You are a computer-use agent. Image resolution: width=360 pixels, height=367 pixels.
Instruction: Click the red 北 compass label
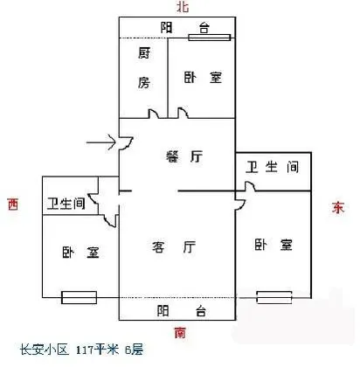coord(183,6)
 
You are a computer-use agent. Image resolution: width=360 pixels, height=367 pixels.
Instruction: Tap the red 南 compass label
coord(180,333)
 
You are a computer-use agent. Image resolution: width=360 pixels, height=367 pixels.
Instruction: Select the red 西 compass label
coord(13,204)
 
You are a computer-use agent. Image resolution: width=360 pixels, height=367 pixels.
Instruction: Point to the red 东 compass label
coord(338,207)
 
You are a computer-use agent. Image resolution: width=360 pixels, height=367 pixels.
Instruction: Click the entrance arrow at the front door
coord(101,142)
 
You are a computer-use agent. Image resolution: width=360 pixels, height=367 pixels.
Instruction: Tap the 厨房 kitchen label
coord(144,68)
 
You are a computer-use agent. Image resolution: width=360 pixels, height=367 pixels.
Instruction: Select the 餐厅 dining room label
coord(184,156)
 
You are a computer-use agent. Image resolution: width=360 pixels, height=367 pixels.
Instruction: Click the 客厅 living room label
coord(174,247)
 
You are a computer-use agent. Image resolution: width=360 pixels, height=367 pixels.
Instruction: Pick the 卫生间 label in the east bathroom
coord(273,167)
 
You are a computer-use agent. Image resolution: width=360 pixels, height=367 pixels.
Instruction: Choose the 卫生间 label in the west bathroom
coord(66,204)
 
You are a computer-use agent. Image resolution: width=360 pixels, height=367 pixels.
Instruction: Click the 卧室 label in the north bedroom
coord(203,78)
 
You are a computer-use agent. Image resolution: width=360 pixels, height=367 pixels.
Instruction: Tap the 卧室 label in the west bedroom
coord(80,253)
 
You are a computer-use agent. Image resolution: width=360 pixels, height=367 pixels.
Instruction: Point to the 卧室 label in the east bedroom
coord(273,245)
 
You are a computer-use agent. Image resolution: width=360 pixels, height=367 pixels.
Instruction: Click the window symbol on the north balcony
coord(210,38)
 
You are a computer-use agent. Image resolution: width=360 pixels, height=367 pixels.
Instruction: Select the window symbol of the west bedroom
coord(79,297)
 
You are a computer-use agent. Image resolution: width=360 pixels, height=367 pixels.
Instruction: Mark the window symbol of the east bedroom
coord(274,297)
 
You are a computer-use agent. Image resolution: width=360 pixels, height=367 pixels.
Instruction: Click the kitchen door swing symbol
coord(154,114)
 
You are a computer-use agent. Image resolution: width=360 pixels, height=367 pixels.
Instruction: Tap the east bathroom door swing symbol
coord(250,186)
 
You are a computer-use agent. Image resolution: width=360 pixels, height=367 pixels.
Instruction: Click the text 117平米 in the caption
coord(97,350)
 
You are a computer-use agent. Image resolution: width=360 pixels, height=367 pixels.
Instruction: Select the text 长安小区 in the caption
coord(45,350)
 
